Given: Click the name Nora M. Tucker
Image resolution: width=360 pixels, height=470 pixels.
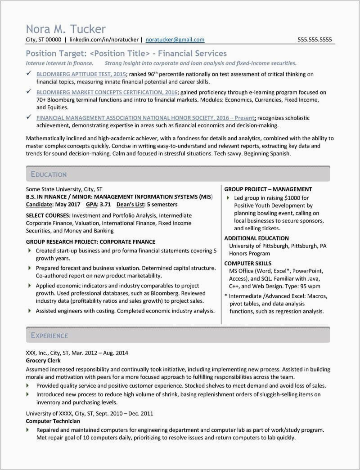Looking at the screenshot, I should click(x=66, y=29).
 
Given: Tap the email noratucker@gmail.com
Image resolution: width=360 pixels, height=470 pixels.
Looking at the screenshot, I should click(x=175, y=40).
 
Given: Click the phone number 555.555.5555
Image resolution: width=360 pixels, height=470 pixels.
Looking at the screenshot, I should click(x=315, y=40).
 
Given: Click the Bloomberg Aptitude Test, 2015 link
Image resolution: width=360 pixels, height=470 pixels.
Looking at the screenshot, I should click(x=81, y=74).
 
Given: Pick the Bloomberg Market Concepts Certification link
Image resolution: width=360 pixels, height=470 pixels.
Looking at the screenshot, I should click(x=100, y=92).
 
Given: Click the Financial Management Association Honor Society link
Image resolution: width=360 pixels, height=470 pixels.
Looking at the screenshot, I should click(x=145, y=118).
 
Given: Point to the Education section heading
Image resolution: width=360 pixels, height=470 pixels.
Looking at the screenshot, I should click(x=49, y=175).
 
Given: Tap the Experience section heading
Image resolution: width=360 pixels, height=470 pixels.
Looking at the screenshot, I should click(x=49, y=336).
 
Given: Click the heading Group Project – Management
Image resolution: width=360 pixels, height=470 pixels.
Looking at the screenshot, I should click(x=268, y=189).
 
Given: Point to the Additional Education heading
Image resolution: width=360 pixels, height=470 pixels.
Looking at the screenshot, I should click(x=256, y=238).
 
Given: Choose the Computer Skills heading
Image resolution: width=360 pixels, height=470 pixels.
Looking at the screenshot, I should click(x=247, y=263).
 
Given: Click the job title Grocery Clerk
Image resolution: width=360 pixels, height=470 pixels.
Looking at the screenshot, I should click(x=43, y=360).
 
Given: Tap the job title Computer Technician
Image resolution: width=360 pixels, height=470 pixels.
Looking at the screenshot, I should click(x=53, y=421).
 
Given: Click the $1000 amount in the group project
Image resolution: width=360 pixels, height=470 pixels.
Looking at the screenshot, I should click(x=292, y=198).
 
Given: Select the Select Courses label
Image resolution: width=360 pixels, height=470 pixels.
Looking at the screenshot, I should click(x=48, y=215).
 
